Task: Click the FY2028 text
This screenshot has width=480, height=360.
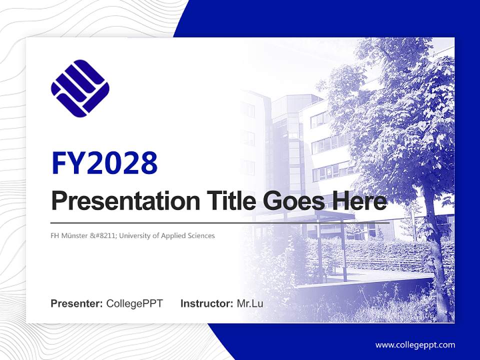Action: point(104,162)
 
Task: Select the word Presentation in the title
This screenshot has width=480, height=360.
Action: point(118,201)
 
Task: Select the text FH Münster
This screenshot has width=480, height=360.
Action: point(67,235)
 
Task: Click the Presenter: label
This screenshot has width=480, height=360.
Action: point(77,303)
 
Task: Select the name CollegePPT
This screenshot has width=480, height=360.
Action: point(134,303)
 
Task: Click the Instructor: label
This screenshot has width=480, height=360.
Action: point(206,303)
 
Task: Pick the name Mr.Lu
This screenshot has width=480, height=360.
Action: point(250,303)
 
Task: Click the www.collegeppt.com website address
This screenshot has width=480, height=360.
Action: point(415,344)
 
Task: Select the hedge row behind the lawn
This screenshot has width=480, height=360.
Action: point(380,250)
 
